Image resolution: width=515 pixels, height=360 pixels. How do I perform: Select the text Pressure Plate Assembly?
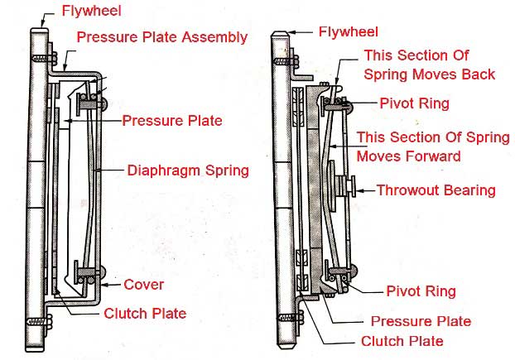click(x=161, y=37)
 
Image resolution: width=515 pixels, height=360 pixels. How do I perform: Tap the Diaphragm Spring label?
click(x=188, y=171)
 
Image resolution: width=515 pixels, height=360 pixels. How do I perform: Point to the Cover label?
click(x=144, y=285)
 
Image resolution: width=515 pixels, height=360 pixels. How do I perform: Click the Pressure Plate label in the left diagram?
click(x=172, y=121)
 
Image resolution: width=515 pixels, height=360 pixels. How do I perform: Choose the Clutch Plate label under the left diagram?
click(x=144, y=314)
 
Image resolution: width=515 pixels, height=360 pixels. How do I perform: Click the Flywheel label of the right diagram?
click(x=349, y=32)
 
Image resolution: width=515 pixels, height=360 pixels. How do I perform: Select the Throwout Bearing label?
click(x=436, y=190)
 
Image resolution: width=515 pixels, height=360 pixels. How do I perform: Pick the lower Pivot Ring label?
click(x=421, y=291)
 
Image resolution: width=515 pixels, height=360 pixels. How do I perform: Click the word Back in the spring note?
click(x=478, y=74)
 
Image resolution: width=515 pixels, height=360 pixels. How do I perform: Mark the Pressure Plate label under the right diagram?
click(x=421, y=321)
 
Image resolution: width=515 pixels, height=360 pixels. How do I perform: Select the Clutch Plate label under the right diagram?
click(x=402, y=341)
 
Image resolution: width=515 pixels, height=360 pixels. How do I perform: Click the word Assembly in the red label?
click(x=218, y=37)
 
